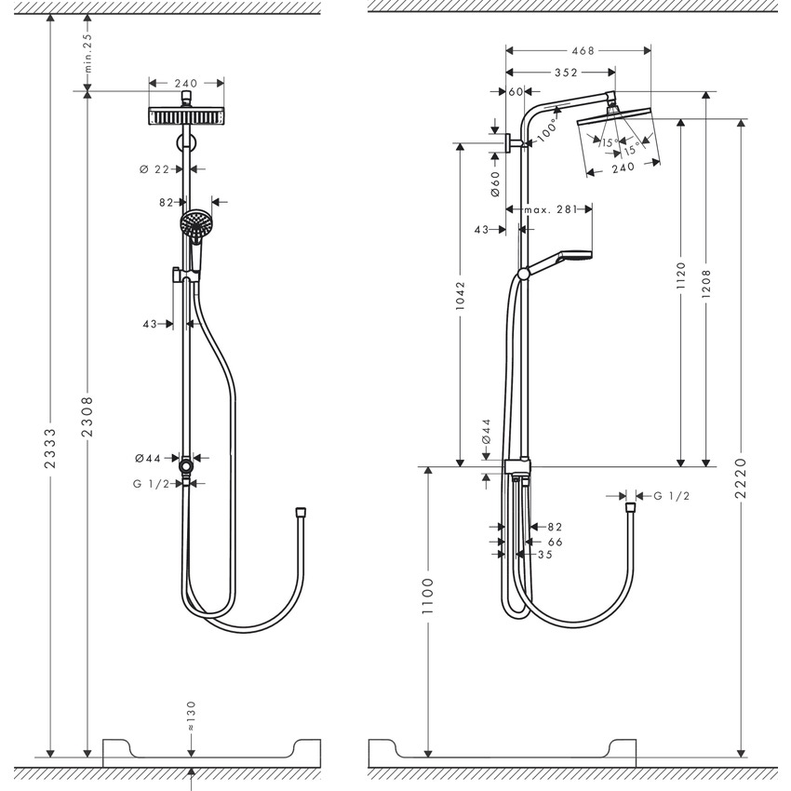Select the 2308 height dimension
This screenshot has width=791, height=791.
[x=87, y=416]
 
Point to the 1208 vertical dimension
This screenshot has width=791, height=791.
[x=708, y=278]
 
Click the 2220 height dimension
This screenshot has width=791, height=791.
[x=742, y=477]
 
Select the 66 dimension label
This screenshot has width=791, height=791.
[x=555, y=541]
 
